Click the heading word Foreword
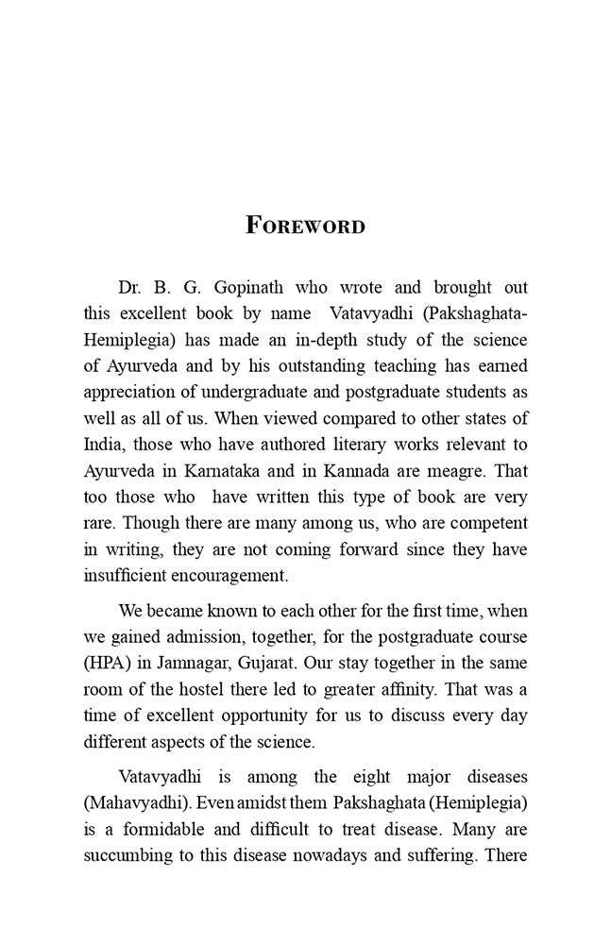point(305,227)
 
